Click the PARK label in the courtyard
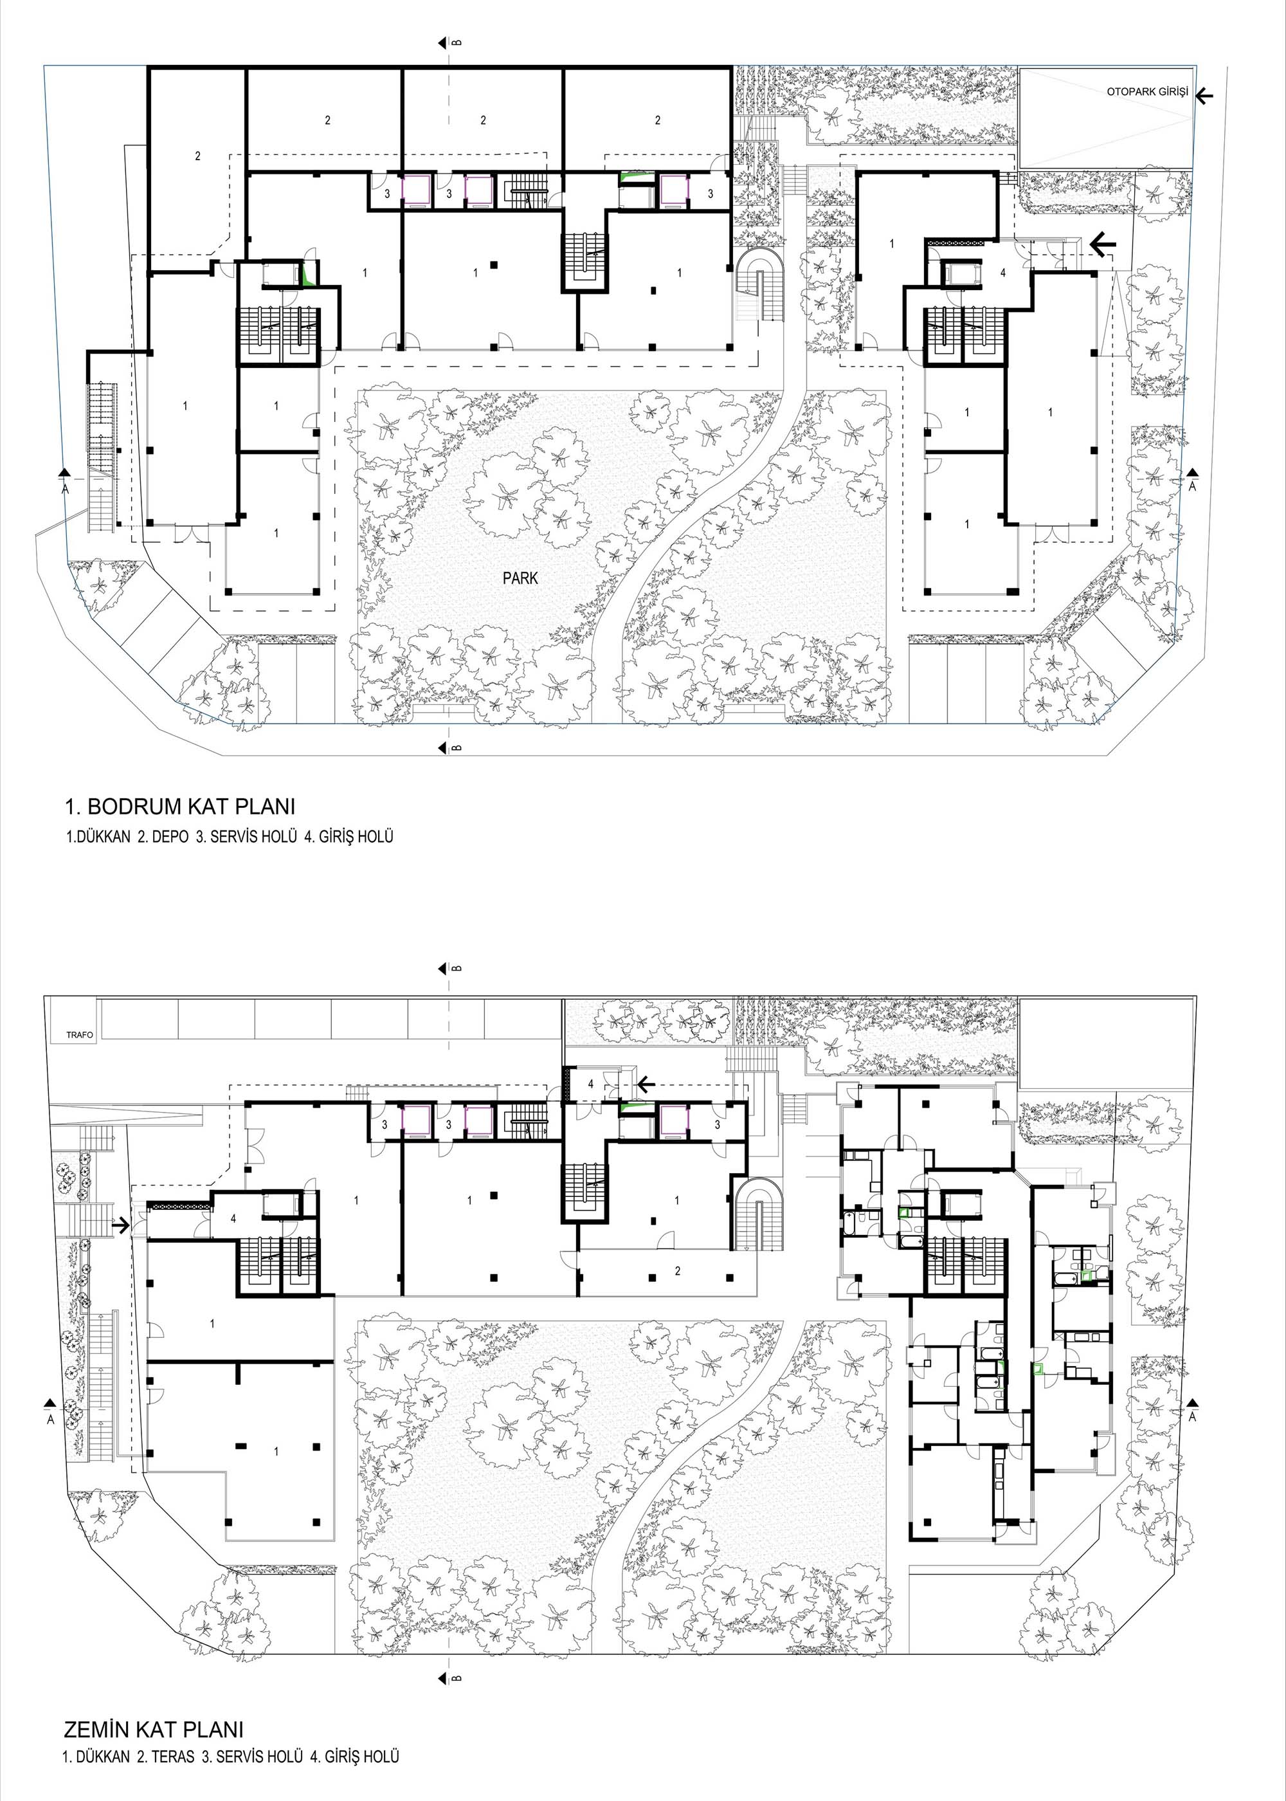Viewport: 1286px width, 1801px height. pyautogui.click(x=520, y=578)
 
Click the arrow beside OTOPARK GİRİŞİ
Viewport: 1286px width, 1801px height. pyautogui.click(x=1204, y=96)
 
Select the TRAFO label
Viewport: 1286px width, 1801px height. pyautogui.click(x=80, y=1035)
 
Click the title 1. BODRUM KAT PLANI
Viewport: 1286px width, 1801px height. pyautogui.click(x=180, y=807)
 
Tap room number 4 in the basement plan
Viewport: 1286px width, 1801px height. pyautogui.click(x=1003, y=273)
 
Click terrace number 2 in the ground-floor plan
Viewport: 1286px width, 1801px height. pyautogui.click(x=677, y=1271)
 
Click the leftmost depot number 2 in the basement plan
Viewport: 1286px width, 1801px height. pyautogui.click(x=198, y=156)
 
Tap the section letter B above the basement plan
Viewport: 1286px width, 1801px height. pyautogui.click(x=457, y=42)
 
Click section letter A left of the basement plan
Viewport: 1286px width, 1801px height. pyautogui.click(x=65, y=489)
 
